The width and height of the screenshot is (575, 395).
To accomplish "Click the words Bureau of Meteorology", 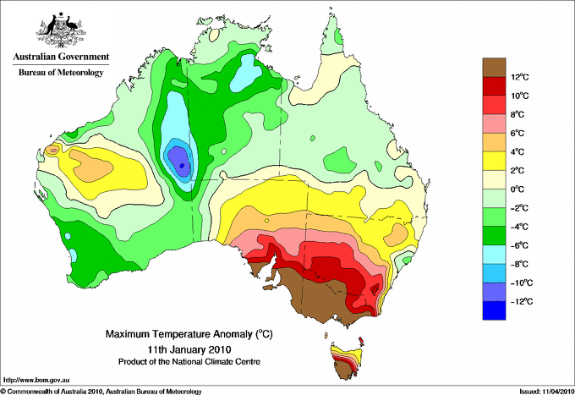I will [x=60, y=73].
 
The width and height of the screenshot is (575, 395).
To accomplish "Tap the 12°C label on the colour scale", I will [x=521, y=77].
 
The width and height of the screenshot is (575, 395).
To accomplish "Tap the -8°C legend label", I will [x=521, y=264].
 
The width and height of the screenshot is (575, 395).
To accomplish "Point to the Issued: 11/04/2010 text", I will [x=540, y=390].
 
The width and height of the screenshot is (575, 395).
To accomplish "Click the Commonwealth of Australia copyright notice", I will [x=101, y=390].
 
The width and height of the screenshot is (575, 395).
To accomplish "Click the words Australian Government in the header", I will [x=60, y=58].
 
